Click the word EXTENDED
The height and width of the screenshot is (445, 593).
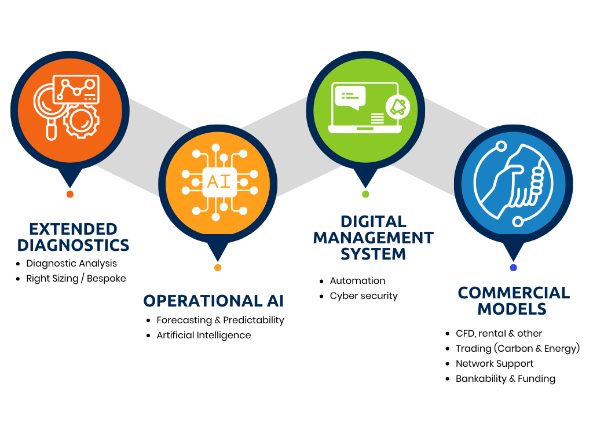[73, 229]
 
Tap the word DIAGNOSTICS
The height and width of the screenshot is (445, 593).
[73, 245]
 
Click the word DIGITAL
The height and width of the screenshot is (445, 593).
[373, 221]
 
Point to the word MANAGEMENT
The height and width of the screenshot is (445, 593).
[373, 238]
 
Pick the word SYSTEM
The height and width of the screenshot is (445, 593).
[373, 254]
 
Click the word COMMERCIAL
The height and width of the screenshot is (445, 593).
[514, 293]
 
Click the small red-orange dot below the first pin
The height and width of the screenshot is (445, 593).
[70, 194]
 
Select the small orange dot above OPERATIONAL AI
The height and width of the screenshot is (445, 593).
[218, 268]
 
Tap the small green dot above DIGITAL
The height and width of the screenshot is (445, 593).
[365, 194]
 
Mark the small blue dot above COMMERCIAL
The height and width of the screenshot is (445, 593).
[513, 268]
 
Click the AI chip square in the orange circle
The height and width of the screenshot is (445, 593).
[218, 182]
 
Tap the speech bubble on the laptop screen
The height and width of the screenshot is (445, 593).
[350, 96]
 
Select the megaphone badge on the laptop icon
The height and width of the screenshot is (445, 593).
[399, 106]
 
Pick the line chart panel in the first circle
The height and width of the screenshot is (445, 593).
[76, 89]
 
